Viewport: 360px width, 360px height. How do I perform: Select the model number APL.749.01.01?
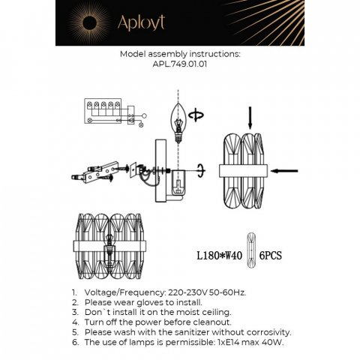click(180, 64)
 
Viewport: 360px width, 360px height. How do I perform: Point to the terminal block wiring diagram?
click(105, 111)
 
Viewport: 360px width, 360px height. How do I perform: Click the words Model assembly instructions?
click(180, 55)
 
